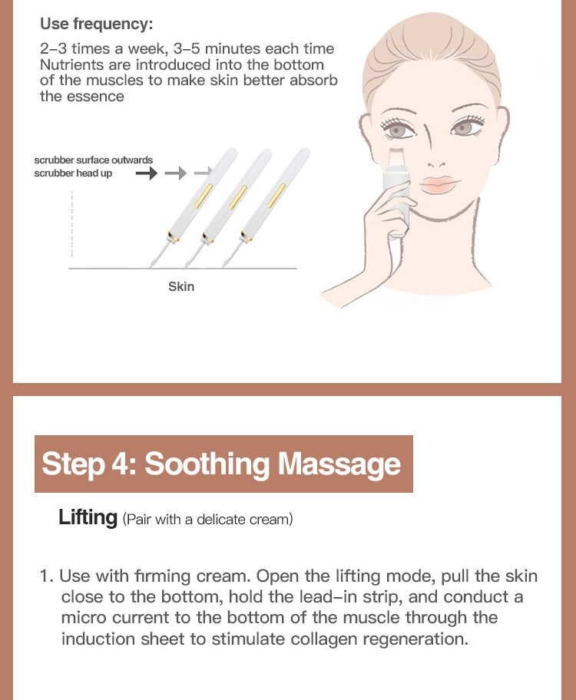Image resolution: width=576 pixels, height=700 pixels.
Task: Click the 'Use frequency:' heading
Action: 96,23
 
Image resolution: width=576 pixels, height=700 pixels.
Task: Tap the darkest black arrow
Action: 146,174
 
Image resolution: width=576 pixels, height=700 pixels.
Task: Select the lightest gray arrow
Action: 203,174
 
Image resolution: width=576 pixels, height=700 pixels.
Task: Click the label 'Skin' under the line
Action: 181,286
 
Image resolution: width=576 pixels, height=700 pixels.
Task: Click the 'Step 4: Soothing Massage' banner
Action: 223,464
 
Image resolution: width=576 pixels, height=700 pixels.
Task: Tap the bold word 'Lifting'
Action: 88,517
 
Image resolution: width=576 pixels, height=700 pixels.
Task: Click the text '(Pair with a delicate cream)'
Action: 207,520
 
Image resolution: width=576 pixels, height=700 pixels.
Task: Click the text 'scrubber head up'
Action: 75,173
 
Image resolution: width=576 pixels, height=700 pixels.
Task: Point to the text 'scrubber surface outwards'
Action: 93,160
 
